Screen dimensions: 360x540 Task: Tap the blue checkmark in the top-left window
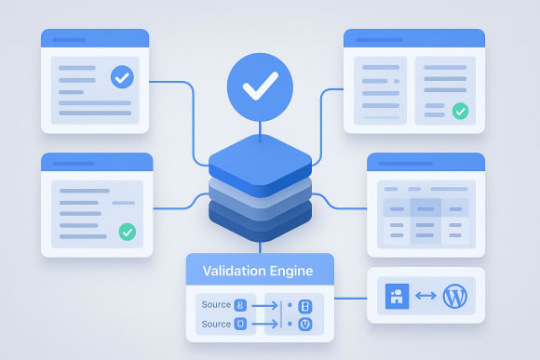(x=121, y=77)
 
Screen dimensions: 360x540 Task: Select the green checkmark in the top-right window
(x=460, y=112)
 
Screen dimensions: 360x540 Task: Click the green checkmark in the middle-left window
(x=127, y=232)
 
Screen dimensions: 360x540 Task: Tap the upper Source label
(x=216, y=305)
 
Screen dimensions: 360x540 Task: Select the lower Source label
(x=216, y=325)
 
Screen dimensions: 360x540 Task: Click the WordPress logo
(x=455, y=297)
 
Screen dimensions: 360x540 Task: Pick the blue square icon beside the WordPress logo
(x=397, y=297)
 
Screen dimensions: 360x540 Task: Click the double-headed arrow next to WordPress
(x=425, y=297)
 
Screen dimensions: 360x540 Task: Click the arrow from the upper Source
(x=266, y=305)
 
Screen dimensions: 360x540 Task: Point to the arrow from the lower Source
(x=266, y=325)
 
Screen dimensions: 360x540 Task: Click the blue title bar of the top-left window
(x=94, y=39)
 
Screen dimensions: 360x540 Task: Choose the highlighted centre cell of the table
(x=425, y=209)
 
